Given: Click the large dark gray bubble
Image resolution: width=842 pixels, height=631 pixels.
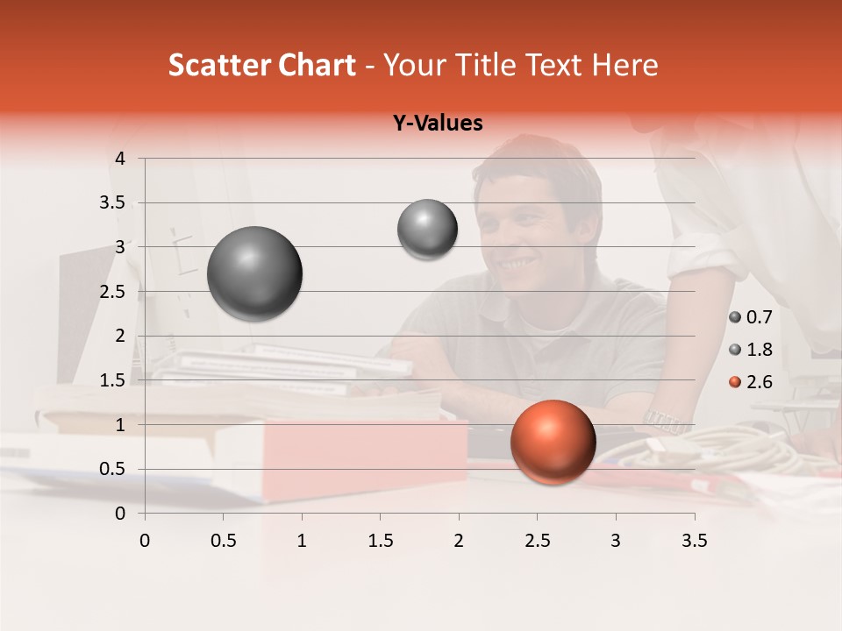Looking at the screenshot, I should (254, 273).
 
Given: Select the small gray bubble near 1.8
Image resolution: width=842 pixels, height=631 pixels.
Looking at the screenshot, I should (427, 229).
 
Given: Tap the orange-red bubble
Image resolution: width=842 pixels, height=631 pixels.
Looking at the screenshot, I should (553, 442).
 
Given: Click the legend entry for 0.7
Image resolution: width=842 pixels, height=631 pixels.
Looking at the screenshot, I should (750, 317).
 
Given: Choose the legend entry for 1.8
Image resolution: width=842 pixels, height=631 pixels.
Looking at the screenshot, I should (750, 350).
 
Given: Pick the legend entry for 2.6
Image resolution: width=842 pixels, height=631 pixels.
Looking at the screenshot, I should (750, 381).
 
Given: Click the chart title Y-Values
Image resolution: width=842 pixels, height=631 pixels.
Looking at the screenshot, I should (437, 124).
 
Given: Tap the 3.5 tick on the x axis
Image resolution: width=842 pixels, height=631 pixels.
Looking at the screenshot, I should (694, 541).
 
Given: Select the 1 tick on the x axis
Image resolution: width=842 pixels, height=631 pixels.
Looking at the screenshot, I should (302, 541).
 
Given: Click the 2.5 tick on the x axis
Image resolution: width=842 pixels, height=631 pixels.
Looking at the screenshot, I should (537, 541).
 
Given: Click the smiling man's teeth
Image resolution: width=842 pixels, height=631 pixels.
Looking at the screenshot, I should (517, 262).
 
